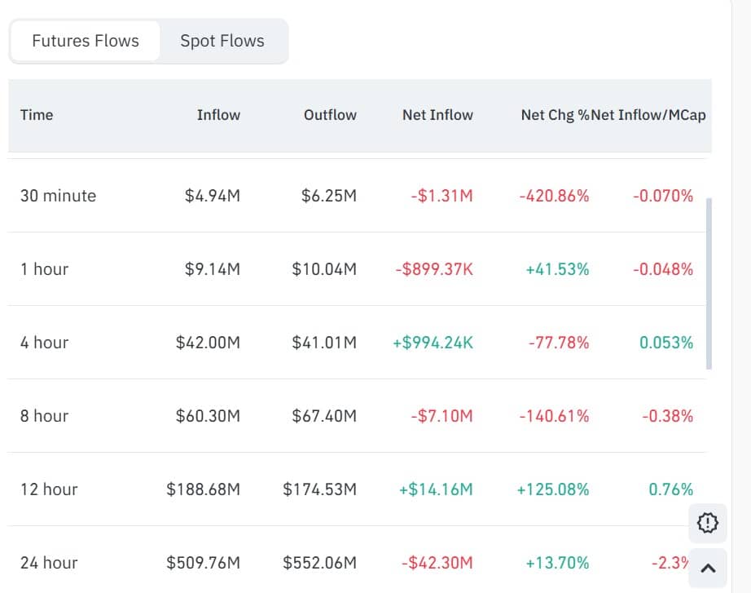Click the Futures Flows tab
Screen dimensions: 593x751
pos(86,41)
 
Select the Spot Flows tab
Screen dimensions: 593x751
pos(222,41)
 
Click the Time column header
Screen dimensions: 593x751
pos(37,115)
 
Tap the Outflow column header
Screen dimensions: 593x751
pos(330,115)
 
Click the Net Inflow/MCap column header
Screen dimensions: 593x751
pos(648,115)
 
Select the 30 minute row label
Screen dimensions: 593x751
pos(58,196)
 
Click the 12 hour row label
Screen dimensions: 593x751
pos(49,489)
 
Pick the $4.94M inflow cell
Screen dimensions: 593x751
pos(213,196)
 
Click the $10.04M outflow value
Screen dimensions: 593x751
pos(324,269)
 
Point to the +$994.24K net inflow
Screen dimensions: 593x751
pos(433,343)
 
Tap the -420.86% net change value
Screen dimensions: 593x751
pos(554,196)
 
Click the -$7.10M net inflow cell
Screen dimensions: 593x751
pos(441,416)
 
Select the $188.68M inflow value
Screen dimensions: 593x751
pos(204,489)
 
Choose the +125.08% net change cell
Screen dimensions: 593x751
pos(553,489)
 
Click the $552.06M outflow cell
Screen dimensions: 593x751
pos(319,563)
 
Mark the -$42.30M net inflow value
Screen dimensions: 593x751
pos(437,563)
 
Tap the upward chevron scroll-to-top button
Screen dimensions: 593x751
pos(708,569)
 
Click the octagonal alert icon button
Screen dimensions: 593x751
pos(708,523)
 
